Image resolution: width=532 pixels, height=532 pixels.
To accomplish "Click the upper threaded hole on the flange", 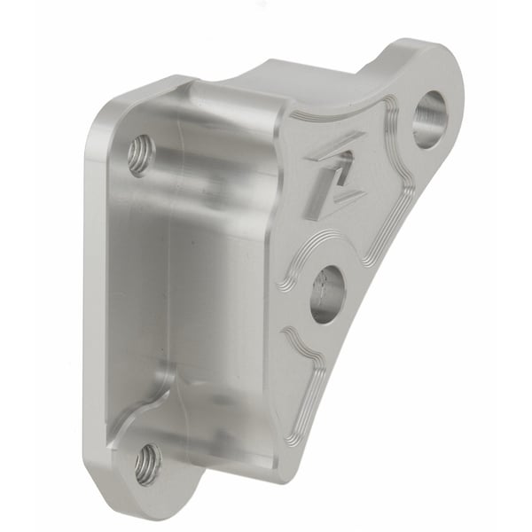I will pyautogui.click(x=139, y=155).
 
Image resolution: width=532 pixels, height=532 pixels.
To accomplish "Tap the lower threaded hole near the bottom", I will pyautogui.click(x=147, y=463).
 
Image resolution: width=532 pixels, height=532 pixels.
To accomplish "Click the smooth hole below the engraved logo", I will pyautogui.click(x=327, y=293).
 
